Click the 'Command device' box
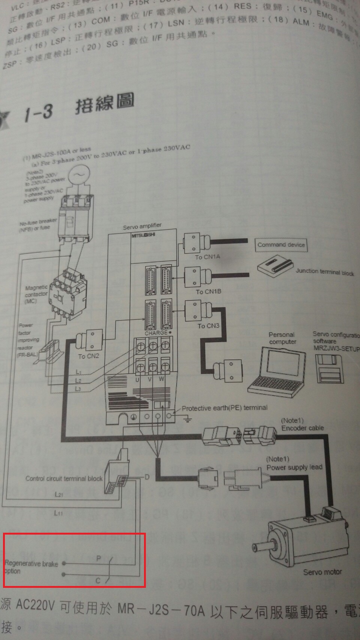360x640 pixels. click(281, 245)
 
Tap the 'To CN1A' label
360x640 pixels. click(207, 257)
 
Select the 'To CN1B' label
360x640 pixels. click(208, 291)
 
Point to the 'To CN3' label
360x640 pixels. click(208, 326)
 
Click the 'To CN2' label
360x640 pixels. click(88, 356)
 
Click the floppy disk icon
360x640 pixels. click(330, 370)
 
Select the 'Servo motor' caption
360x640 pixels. click(322, 572)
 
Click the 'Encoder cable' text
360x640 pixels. click(303, 428)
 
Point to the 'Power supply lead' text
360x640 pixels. click(294, 467)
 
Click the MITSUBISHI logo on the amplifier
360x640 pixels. click(143, 235)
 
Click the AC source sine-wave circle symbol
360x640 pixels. click(78, 175)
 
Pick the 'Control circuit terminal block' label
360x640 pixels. click(64, 478)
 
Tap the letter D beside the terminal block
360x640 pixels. click(147, 477)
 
